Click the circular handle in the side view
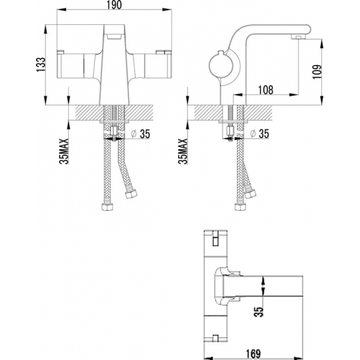tap(217, 66)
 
